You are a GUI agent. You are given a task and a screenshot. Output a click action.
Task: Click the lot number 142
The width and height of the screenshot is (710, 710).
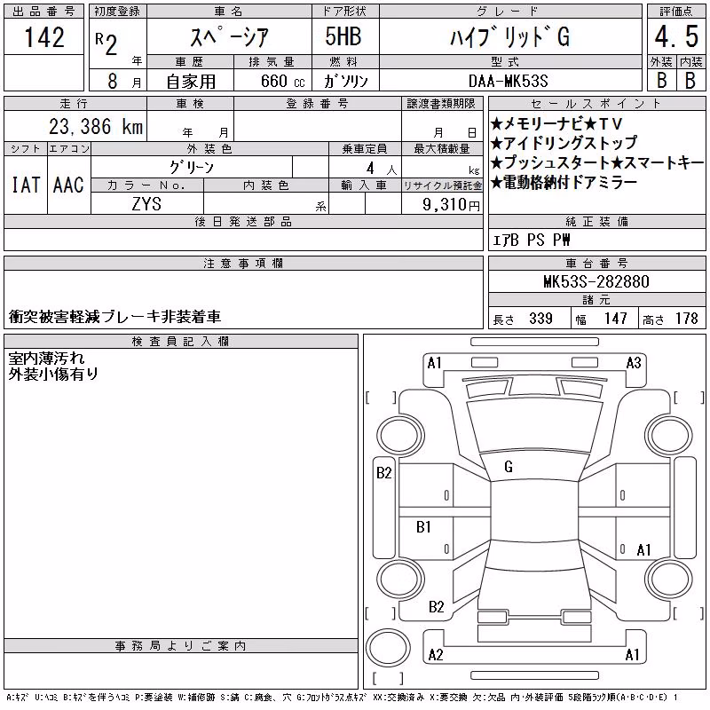pos(44,37)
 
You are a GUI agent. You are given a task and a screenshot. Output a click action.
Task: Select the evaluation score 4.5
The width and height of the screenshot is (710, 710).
pos(676,36)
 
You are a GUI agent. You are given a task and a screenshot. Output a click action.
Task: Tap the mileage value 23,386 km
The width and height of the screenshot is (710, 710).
pos(96,126)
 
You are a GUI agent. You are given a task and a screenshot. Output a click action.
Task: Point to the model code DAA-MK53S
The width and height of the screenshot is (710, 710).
pos(508,81)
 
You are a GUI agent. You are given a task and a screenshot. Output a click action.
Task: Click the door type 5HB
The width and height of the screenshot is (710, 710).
pos(343,36)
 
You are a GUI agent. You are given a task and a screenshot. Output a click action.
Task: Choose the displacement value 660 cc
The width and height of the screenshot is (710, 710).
pos(282,81)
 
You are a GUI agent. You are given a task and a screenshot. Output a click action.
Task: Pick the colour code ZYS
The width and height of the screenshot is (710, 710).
pos(146,204)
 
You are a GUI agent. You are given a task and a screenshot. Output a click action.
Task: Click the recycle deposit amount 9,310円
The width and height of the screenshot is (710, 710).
pos(451,204)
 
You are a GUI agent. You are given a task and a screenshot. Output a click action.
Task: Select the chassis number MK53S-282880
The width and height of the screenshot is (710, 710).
pos(596,281)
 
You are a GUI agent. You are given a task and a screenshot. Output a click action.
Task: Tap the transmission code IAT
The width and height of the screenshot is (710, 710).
pos(26,185)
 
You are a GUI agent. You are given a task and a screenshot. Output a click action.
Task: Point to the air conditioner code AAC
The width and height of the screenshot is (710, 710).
pos(68,185)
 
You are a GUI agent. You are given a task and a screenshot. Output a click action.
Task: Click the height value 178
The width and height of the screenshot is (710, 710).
pos(686,319)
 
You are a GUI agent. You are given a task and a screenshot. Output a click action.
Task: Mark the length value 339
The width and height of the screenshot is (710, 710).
pos(540,319)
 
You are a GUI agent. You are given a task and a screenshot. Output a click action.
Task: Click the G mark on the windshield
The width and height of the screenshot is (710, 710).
pos(509,467)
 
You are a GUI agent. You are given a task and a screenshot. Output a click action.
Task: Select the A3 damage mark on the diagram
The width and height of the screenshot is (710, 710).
pos(634,363)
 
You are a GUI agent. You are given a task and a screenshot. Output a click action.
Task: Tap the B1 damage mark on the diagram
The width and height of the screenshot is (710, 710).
pos(423,526)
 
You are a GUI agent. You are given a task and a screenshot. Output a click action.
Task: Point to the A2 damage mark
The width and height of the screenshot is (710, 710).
pos(436,655)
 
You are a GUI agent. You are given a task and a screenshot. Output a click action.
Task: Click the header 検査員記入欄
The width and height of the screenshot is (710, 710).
pos(180,341)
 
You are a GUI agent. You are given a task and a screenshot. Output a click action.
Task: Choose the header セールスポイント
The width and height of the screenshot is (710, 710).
pos(596,104)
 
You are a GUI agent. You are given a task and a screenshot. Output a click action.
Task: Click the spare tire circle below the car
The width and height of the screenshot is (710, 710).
pos(388,648)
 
